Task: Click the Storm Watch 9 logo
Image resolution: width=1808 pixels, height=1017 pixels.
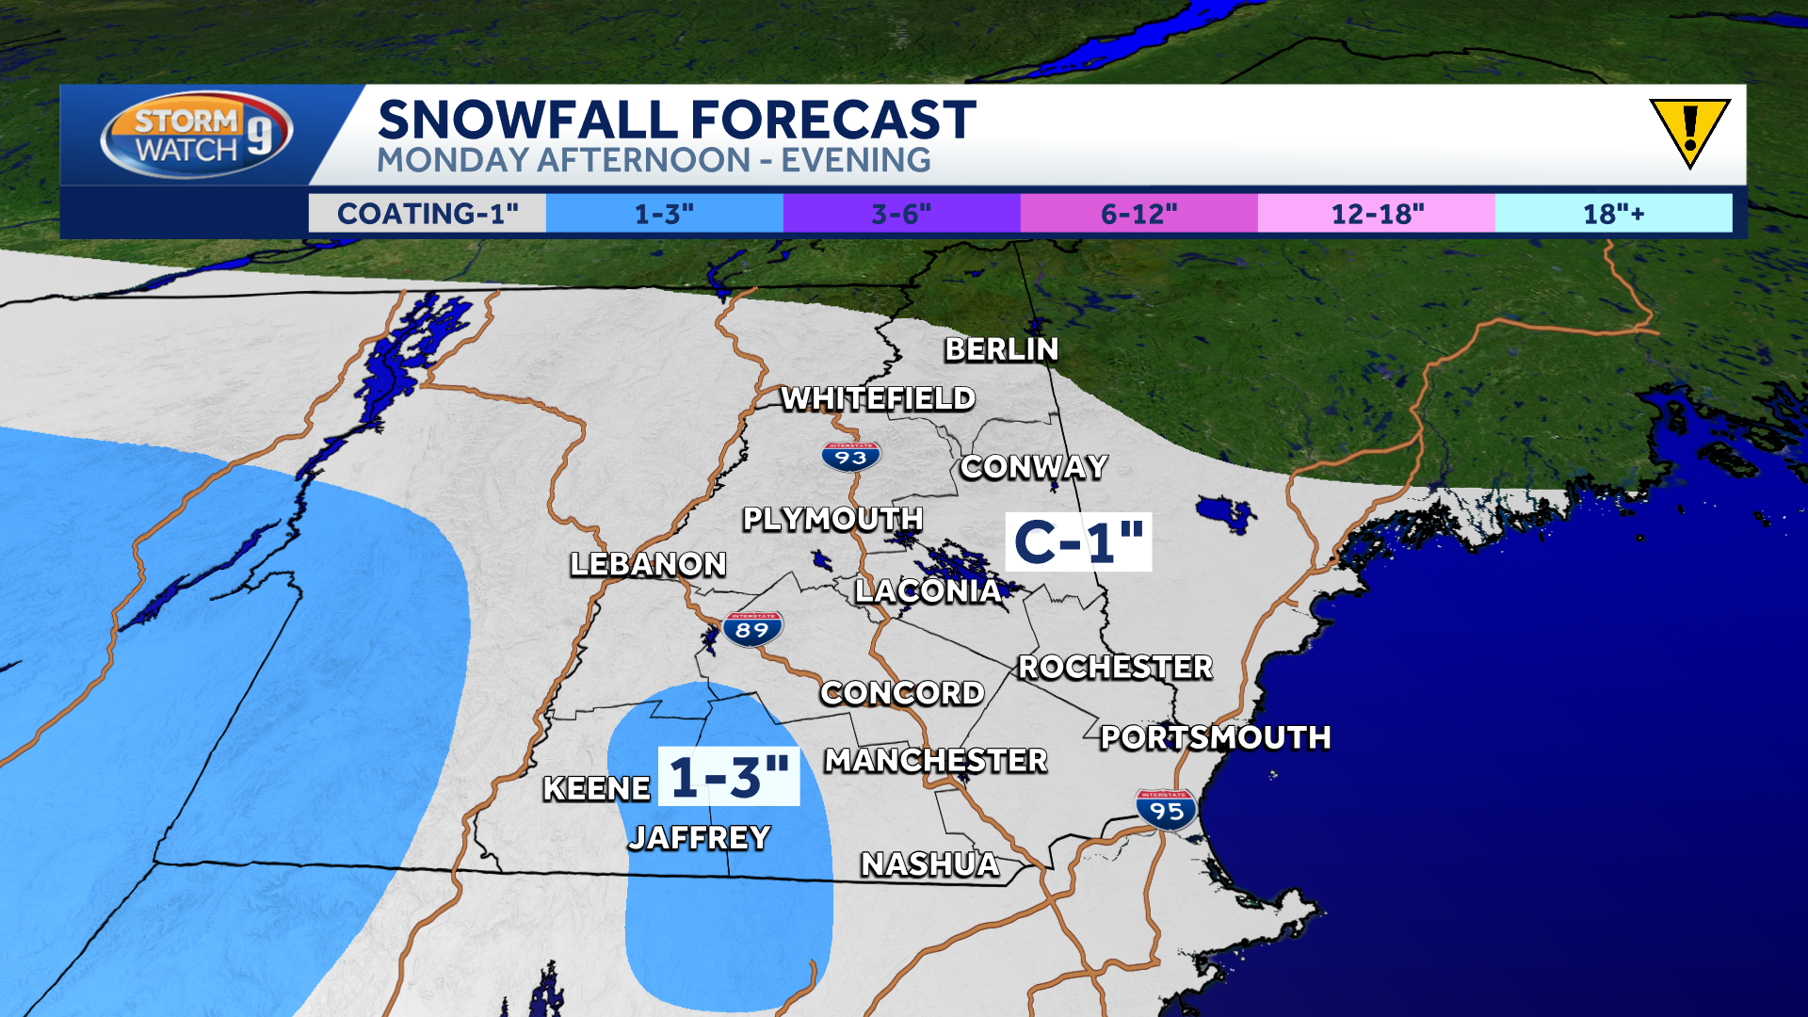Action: click(x=196, y=135)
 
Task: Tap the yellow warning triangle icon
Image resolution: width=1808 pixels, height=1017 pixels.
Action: click(x=1689, y=130)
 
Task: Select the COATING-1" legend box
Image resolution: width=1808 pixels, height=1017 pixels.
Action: click(x=428, y=214)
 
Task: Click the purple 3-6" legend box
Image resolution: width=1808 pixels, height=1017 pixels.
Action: click(x=901, y=214)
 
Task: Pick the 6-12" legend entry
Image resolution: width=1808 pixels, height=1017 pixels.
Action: click(x=1138, y=214)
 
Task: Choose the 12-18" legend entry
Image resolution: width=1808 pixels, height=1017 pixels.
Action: click(x=1377, y=214)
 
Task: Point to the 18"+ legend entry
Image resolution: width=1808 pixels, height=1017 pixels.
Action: click(x=1613, y=214)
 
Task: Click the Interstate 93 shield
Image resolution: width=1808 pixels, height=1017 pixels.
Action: click(x=850, y=457)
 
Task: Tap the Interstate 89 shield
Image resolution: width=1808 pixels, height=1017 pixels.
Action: click(x=752, y=629)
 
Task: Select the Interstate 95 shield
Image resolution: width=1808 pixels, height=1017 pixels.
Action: click(x=1166, y=810)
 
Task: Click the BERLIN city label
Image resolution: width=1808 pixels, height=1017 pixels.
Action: click(x=1002, y=349)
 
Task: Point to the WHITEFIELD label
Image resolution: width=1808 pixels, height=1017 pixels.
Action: click(x=878, y=399)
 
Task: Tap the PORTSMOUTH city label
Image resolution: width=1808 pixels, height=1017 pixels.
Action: click(x=1216, y=737)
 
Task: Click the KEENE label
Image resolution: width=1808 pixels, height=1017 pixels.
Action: click(x=597, y=788)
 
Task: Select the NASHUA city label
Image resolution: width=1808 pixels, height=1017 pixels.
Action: click(x=930, y=864)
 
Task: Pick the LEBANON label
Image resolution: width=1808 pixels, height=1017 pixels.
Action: click(x=648, y=564)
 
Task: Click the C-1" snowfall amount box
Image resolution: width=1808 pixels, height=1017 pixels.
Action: click(x=1078, y=542)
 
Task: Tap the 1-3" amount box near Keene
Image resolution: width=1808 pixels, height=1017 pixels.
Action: click(x=729, y=777)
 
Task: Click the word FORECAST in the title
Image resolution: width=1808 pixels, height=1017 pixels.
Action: click(x=833, y=121)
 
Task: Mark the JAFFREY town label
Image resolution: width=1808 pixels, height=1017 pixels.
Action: click(x=700, y=837)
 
